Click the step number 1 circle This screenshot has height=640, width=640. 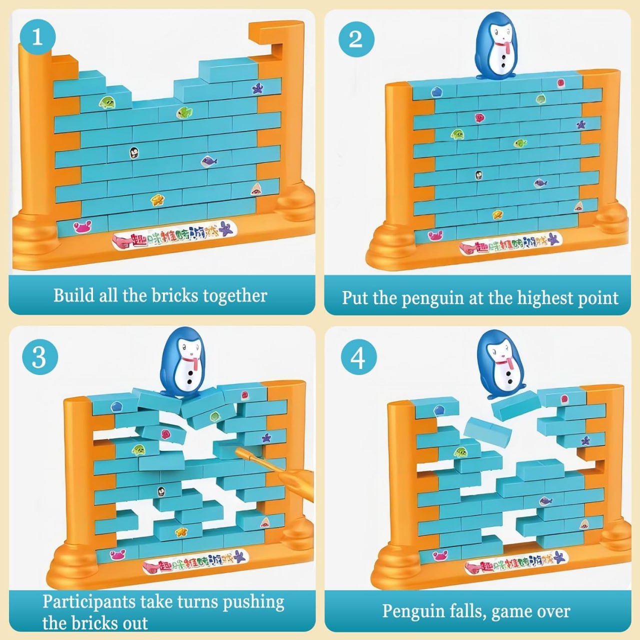click(37, 36)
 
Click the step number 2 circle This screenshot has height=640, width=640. click(355, 39)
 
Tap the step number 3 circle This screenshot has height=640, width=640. click(39, 357)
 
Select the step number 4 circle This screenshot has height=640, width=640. click(358, 358)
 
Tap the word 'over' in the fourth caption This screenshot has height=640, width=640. click(552, 611)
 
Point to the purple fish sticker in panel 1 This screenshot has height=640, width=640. click(209, 161)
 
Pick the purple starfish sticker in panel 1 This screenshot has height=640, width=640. click(258, 89)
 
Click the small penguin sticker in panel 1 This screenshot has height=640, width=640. click(134, 152)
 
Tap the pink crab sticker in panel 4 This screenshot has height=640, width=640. click(440, 555)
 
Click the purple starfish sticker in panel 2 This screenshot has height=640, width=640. click(581, 124)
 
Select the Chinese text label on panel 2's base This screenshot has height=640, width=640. click(510, 243)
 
